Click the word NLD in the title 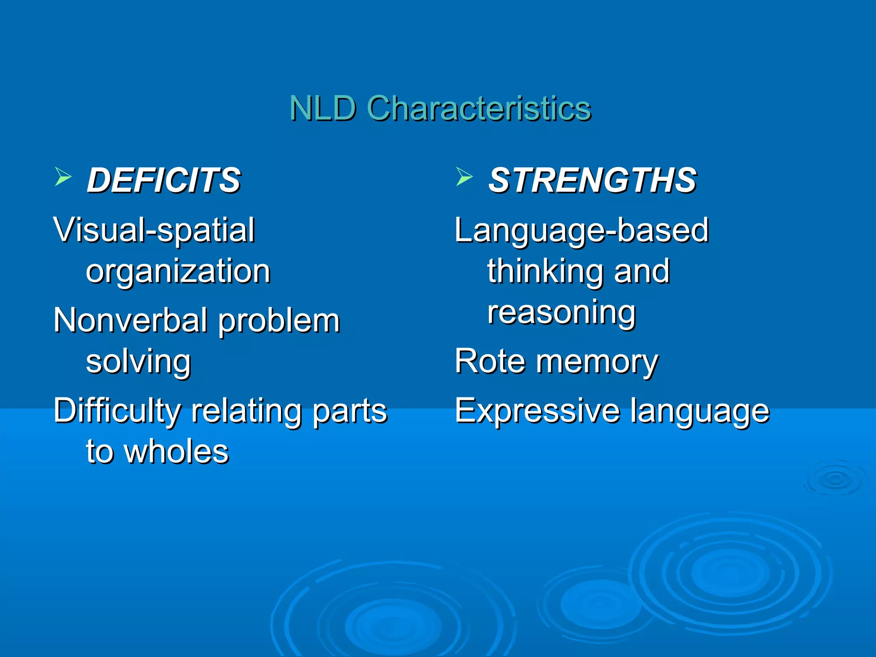323,109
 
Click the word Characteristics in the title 479,109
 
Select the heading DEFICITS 164,181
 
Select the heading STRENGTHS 592,181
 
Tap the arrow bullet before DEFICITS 63,177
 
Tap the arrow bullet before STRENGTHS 464,177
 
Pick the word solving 138,362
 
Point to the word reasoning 561,313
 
